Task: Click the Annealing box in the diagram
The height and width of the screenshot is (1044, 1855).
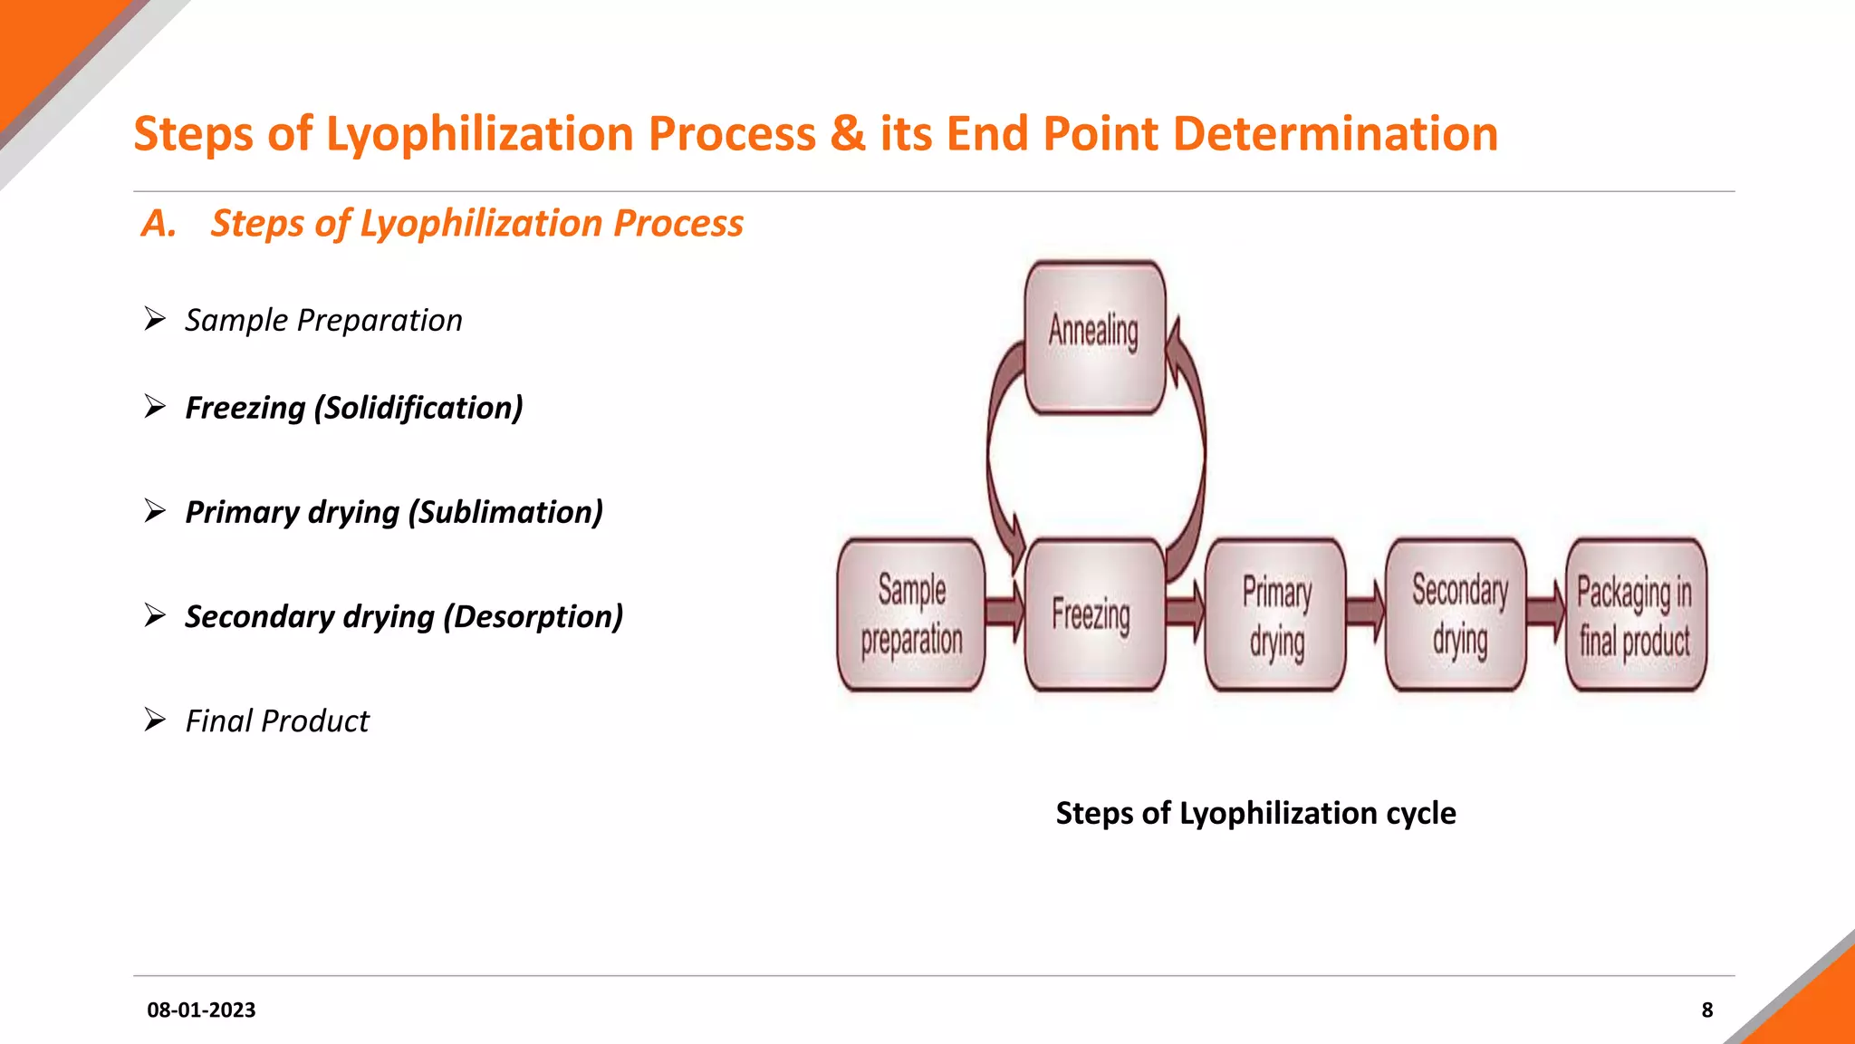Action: pos(1094,337)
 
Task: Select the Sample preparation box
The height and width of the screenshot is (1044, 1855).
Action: pos(911,614)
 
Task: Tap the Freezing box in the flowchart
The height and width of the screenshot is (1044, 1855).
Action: pos(1093,614)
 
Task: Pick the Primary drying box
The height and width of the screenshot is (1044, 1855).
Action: pos(1275,614)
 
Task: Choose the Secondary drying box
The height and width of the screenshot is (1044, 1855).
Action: pos(1457,614)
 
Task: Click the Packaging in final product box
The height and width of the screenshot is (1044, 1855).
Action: pos(1636,614)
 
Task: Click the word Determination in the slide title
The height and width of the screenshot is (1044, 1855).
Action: pos(1335,134)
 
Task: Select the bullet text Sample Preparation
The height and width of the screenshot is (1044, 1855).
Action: pos(323,320)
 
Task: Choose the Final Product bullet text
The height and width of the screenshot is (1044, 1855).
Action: pos(277,720)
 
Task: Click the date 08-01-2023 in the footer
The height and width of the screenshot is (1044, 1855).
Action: pos(201,1010)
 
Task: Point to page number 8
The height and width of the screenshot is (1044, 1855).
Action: pos(1706,1010)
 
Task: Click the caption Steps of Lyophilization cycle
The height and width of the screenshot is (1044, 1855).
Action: pos(1255,813)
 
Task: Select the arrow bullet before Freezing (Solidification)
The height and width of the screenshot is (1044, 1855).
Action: pos(155,407)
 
